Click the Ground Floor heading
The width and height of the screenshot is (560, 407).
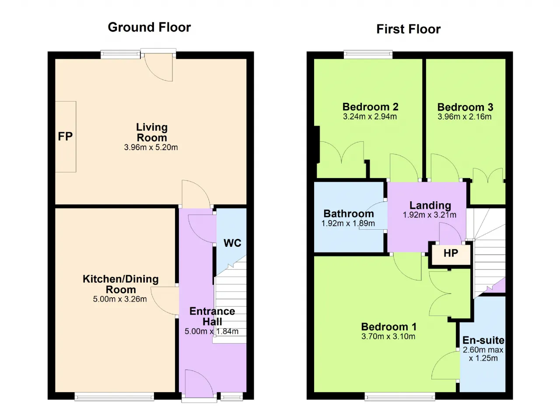149,27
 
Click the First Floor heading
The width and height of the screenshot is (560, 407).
409,29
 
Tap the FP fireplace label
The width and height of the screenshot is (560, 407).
65,137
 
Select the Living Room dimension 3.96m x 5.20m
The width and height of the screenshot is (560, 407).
151,147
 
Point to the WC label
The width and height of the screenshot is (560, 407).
232,243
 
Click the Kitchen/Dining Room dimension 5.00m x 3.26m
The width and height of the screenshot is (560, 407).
120,299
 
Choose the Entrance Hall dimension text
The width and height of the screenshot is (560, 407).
211,331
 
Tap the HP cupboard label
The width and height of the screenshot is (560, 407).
451,253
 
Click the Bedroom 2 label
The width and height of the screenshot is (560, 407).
370,107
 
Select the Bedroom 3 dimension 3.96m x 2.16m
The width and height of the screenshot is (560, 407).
465,116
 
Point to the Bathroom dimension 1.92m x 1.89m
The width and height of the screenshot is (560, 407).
348,223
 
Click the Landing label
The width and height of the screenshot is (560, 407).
430,205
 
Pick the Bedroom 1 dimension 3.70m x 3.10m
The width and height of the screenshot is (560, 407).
388,336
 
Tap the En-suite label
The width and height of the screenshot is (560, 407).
483,340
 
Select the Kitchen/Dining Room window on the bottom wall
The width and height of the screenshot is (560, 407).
114,396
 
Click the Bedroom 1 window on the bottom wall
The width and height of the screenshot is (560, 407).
400,396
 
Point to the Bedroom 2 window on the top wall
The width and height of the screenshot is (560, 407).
368,55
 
